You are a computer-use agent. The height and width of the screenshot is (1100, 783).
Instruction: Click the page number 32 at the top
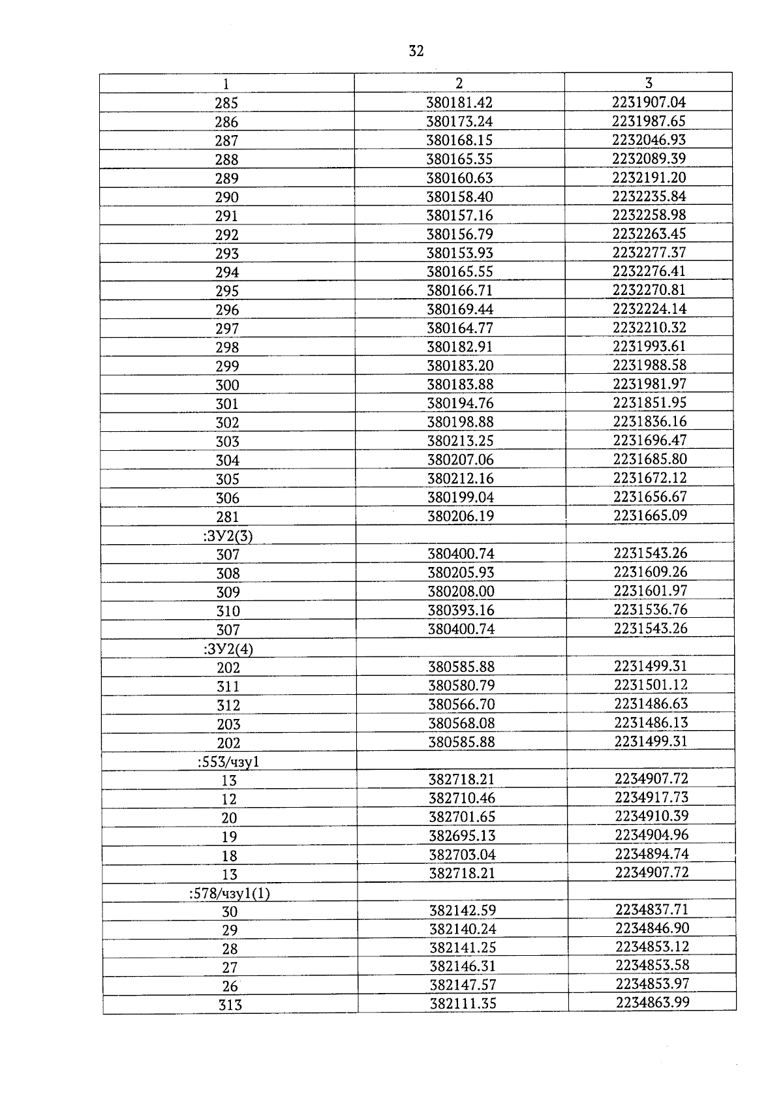pos(416,51)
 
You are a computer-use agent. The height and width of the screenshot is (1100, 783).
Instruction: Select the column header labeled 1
pos(226,84)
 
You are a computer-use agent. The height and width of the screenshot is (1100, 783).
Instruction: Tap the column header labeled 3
pos(649,83)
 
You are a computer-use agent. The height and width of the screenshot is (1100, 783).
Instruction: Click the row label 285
pos(226,103)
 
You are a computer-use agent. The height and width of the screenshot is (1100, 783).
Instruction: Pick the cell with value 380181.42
pos(459,102)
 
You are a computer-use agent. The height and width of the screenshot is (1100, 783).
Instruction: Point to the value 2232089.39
pos(649,159)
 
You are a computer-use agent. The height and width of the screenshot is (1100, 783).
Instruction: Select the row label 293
pos(227,254)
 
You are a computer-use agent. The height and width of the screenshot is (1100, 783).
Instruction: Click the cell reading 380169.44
pos(460,309)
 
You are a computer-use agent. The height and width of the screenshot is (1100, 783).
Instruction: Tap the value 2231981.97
pos(650,384)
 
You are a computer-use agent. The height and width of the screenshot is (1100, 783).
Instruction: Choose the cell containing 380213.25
pos(461,441)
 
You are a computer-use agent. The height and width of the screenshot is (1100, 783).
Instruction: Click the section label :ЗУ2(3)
pos(228,536)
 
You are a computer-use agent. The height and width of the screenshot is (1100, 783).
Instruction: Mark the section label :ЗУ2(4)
pos(228,649)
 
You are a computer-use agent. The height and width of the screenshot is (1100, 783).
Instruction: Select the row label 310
pos(228,611)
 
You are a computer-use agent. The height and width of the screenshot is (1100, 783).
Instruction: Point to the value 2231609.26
pos(651,572)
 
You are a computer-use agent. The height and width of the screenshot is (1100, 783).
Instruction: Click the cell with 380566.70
pos(461,705)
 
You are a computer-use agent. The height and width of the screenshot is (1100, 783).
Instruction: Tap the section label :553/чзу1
pos(228,762)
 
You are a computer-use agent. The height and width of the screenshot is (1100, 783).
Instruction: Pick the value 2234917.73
pos(651,797)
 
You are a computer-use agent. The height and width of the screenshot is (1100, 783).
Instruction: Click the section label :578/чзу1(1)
pos(229,894)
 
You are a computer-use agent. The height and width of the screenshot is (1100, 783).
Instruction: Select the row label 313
pos(230,1005)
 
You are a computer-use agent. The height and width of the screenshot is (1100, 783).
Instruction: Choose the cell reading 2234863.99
pos(652,1003)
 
